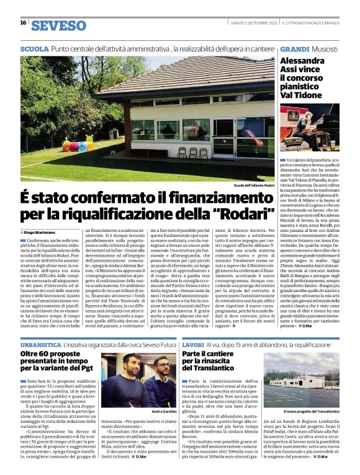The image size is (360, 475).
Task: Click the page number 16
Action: coord(23,22)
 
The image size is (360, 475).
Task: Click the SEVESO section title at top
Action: coord(58,25)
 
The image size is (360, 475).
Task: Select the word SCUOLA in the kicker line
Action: coord(34,48)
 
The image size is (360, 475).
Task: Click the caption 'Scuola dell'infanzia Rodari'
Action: coord(253,185)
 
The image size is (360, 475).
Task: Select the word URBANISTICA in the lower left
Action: coord(40,343)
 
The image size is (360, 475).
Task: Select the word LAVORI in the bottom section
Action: coord(193,343)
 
